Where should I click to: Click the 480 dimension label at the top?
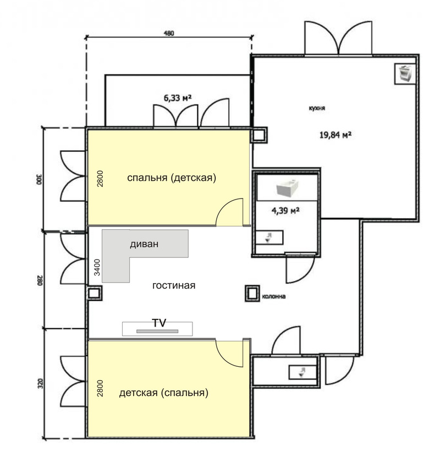(169, 33)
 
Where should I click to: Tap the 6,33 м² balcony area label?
(178, 98)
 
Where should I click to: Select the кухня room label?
(317, 108)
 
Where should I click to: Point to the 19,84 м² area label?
(335, 135)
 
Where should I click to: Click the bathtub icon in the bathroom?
(288, 188)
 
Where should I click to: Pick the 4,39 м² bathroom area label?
(285, 210)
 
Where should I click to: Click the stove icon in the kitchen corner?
(405, 74)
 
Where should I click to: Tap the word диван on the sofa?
(144, 244)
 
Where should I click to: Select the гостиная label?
(174, 285)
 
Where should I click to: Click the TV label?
(159, 323)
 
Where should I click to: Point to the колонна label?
(274, 296)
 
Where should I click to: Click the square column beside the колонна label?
(252, 294)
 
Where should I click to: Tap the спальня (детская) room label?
(172, 178)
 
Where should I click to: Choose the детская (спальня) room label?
(163, 393)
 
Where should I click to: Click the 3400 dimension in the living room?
(97, 267)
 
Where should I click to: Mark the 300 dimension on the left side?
(40, 179)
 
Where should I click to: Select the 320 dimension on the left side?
(41, 384)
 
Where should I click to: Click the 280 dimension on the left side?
(40, 280)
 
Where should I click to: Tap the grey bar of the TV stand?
(157, 332)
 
